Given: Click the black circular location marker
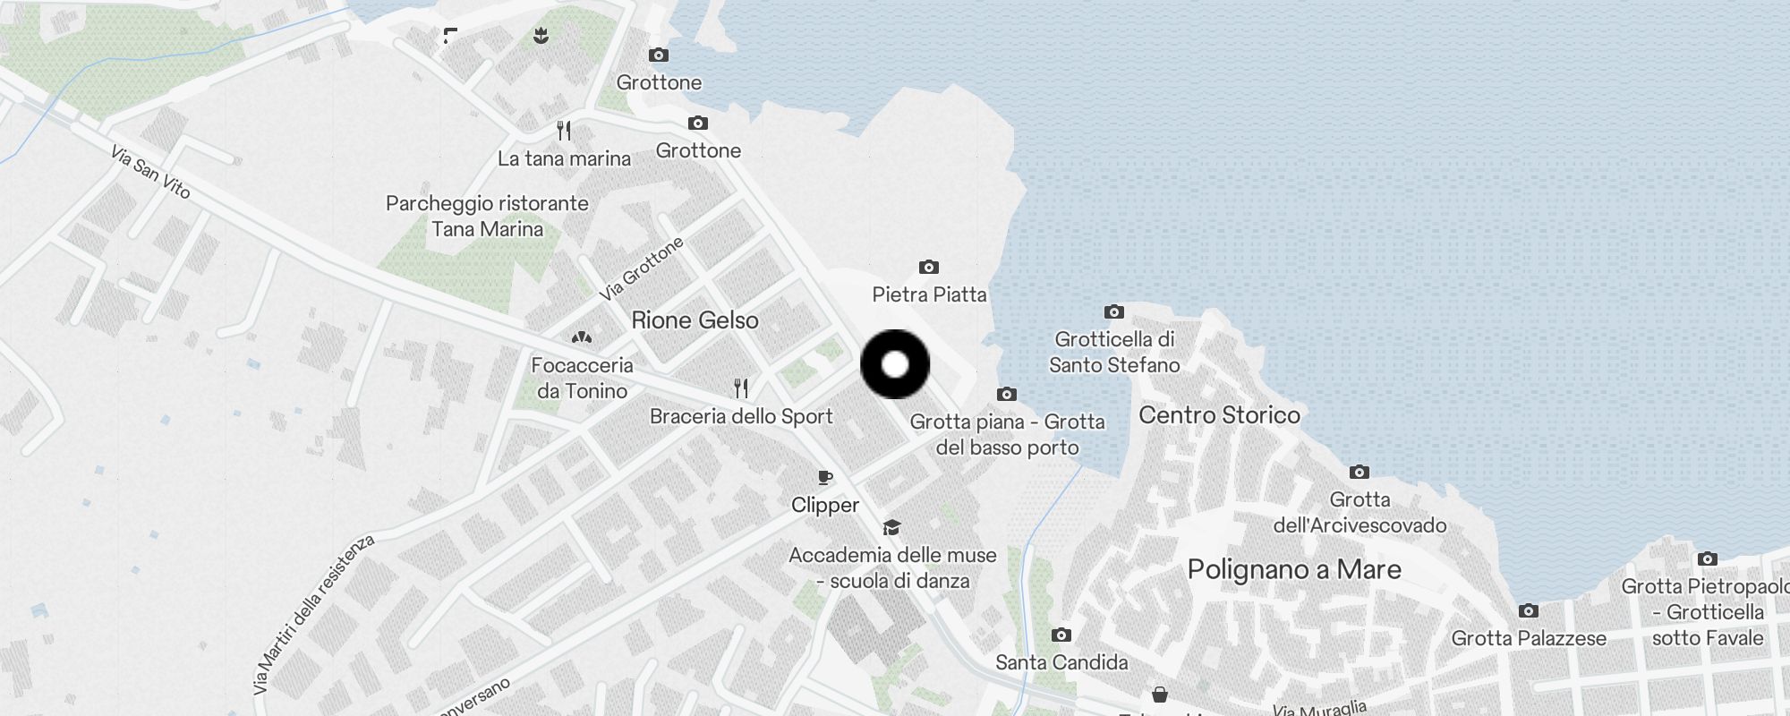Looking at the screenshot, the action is (x=895, y=364).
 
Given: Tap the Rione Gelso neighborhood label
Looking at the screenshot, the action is (x=695, y=320).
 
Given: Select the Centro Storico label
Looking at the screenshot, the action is (x=1219, y=415).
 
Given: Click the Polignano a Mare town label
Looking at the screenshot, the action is (x=1294, y=570).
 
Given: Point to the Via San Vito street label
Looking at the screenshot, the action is (x=150, y=172).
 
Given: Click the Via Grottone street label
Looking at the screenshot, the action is (x=642, y=268).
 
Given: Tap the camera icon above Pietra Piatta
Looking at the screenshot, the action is (x=929, y=267).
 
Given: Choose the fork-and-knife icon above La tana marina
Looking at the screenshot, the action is (x=564, y=131).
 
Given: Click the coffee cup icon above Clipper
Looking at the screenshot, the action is (x=825, y=478).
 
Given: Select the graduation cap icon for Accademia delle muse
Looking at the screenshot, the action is (x=891, y=527).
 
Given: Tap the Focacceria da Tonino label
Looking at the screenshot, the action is (x=582, y=378).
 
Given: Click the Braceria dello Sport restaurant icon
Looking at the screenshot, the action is (x=741, y=388).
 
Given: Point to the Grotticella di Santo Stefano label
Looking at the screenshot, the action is (x=1114, y=352).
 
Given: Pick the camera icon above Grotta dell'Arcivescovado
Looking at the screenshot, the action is (x=1359, y=472).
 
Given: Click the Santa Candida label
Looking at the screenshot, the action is (x=1061, y=662).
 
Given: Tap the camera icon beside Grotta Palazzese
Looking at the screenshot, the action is (x=1529, y=610).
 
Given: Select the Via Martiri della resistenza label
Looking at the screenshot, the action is (x=312, y=615).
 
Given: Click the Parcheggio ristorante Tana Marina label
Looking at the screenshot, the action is (x=487, y=216).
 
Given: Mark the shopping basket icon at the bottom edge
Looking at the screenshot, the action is (x=1160, y=695).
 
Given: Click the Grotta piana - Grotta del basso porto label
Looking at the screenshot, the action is (x=1007, y=434).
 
